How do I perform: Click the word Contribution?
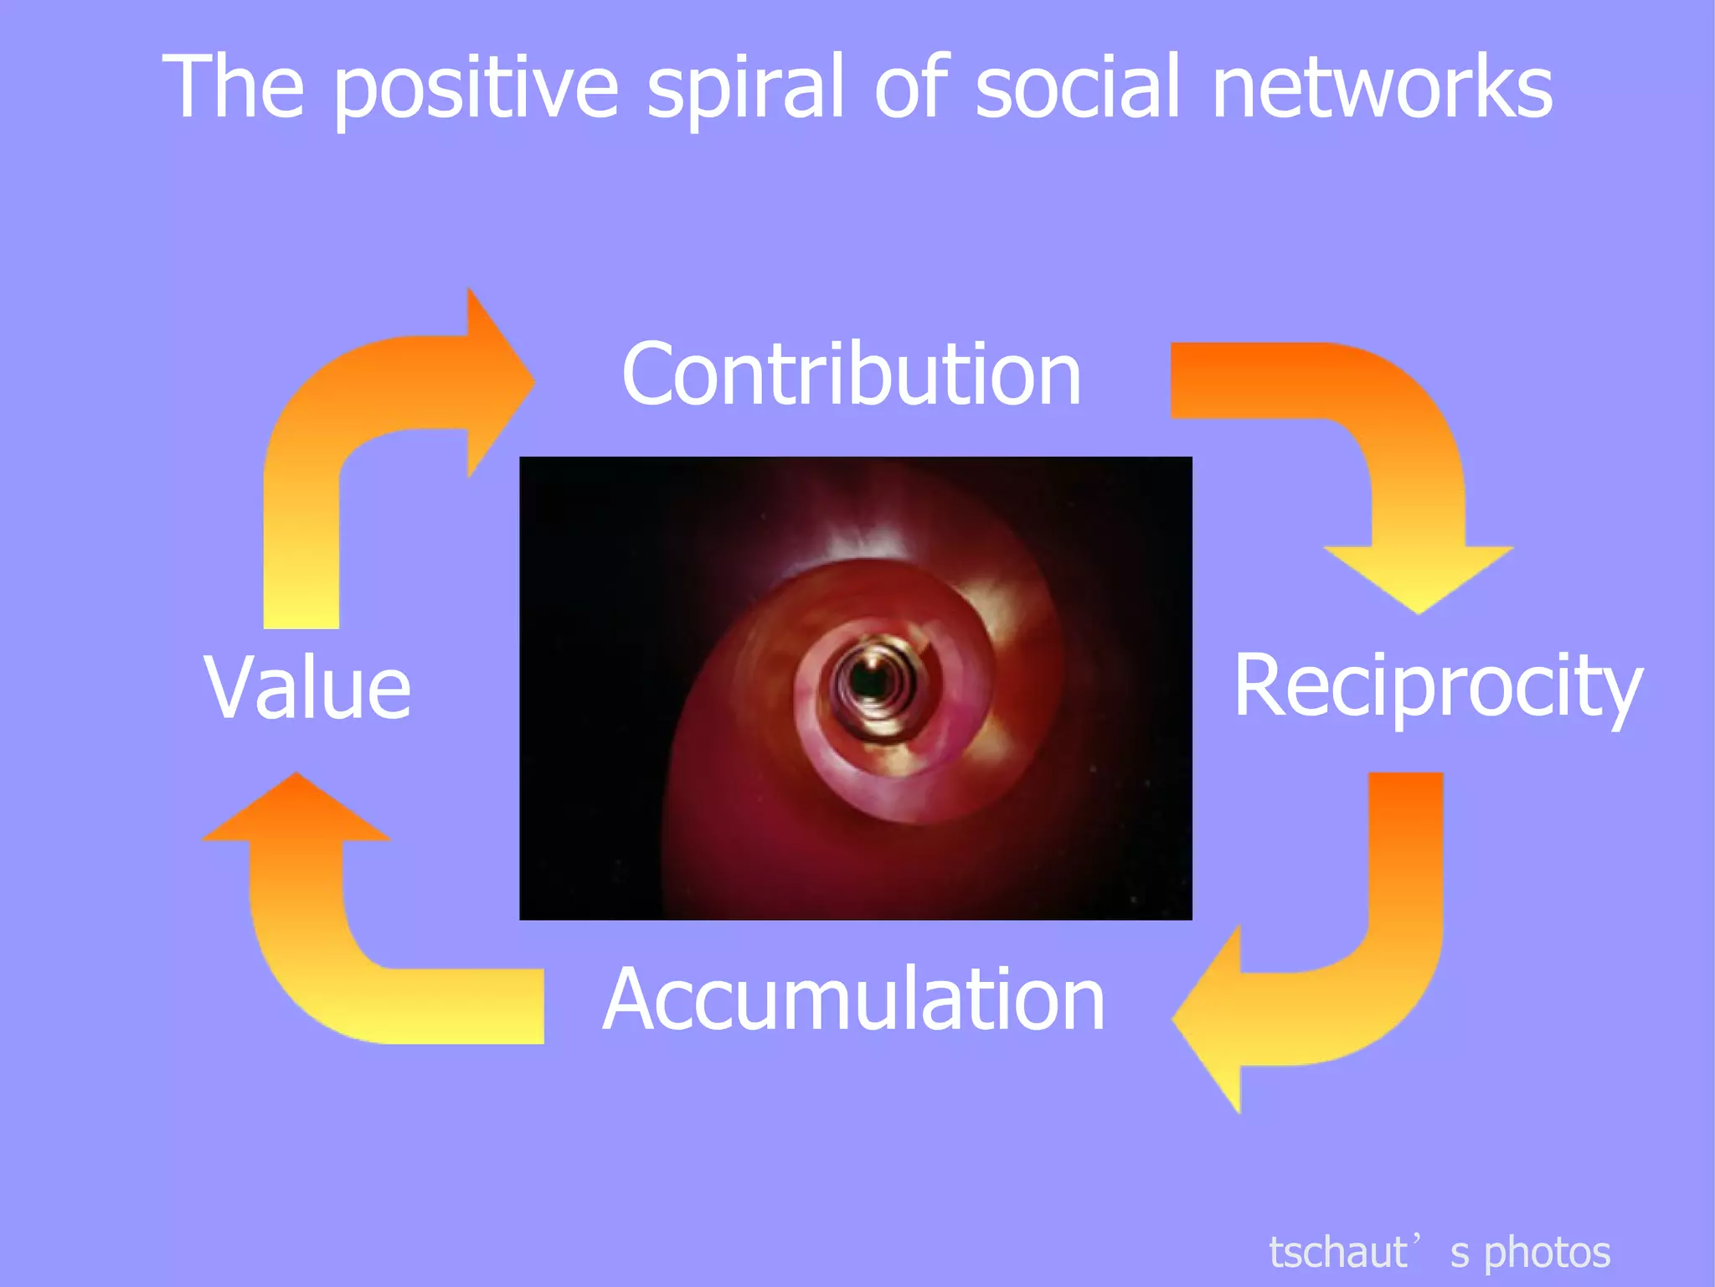[x=851, y=375]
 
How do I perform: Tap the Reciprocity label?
[x=1437, y=687]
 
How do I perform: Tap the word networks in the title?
[x=1382, y=86]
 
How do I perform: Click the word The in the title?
[x=233, y=86]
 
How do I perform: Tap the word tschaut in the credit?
[x=1337, y=1253]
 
